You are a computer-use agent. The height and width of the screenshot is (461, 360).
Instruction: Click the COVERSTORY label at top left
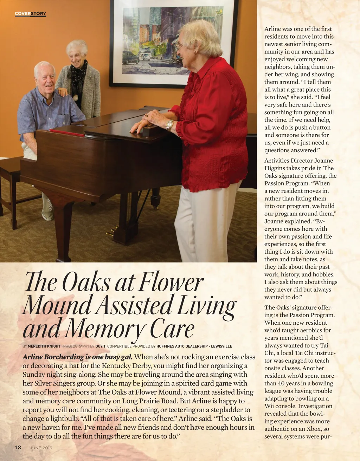pos(30,14)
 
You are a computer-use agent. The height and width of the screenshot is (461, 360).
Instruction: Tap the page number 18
pos(18,447)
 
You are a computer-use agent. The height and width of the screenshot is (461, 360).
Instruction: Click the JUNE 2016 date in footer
pos(41,448)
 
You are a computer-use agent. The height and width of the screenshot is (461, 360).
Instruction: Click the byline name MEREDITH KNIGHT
pos(44,346)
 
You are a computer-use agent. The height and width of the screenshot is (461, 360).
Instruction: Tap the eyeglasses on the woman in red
pos(180,46)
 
